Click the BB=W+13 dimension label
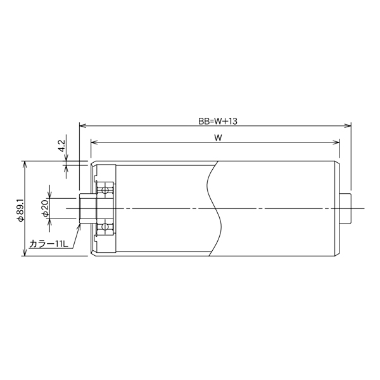tap(218, 121)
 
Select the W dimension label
tap(218, 137)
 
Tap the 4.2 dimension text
tap(62, 146)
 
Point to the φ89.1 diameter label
tap(20, 210)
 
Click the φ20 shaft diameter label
tap(46, 208)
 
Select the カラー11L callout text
tap(49, 244)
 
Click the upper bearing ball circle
tap(105, 190)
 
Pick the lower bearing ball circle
tap(105, 227)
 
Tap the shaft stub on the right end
tap(345, 208)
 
